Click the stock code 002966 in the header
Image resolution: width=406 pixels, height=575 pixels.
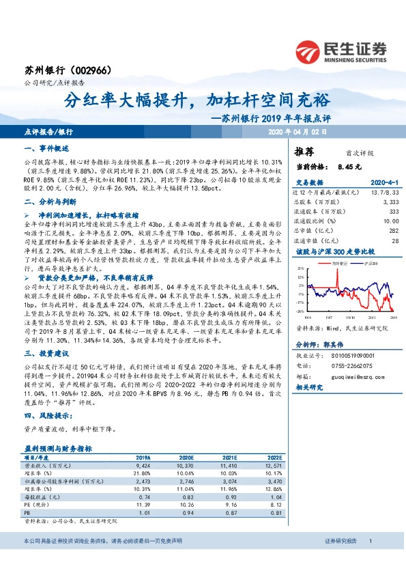point(89,70)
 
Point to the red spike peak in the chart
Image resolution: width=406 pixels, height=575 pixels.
point(336,271)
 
